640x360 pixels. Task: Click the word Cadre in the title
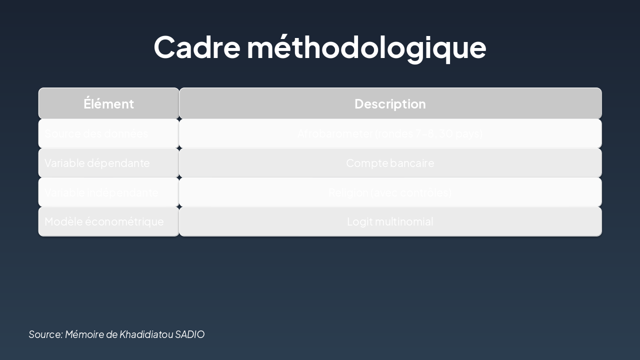(x=197, y=47)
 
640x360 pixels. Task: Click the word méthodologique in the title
(x=366, y=47)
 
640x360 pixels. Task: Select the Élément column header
(x=108, y=103)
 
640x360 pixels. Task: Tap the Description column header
(x=390, y=103)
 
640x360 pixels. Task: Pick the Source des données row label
(x=96, y=133)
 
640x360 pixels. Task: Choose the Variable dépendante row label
(x=97, y=163)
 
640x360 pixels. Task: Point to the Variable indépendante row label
(x=101, y=192)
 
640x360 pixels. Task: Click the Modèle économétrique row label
(x=104, y=221)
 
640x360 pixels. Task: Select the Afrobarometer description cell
(x=390, y=133)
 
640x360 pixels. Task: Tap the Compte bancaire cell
(x=390, y=163)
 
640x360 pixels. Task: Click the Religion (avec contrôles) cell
(x=390, y=192)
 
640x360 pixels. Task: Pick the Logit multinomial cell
(x=390, y=221)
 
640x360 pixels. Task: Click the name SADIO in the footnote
(x=189, y=334)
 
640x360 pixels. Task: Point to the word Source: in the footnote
(x=45, y=334)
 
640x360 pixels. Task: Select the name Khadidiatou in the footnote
(x=146, y=334)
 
